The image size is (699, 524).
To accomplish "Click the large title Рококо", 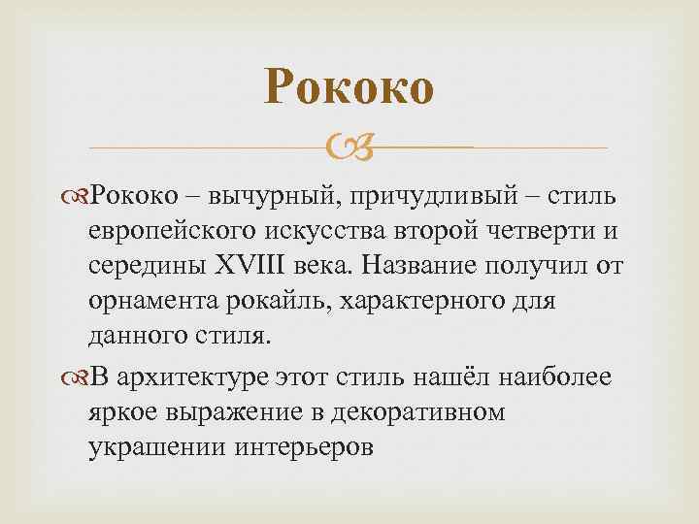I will [349, 89].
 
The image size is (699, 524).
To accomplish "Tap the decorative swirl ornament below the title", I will [349, 147].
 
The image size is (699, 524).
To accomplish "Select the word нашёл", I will [411, 377].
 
